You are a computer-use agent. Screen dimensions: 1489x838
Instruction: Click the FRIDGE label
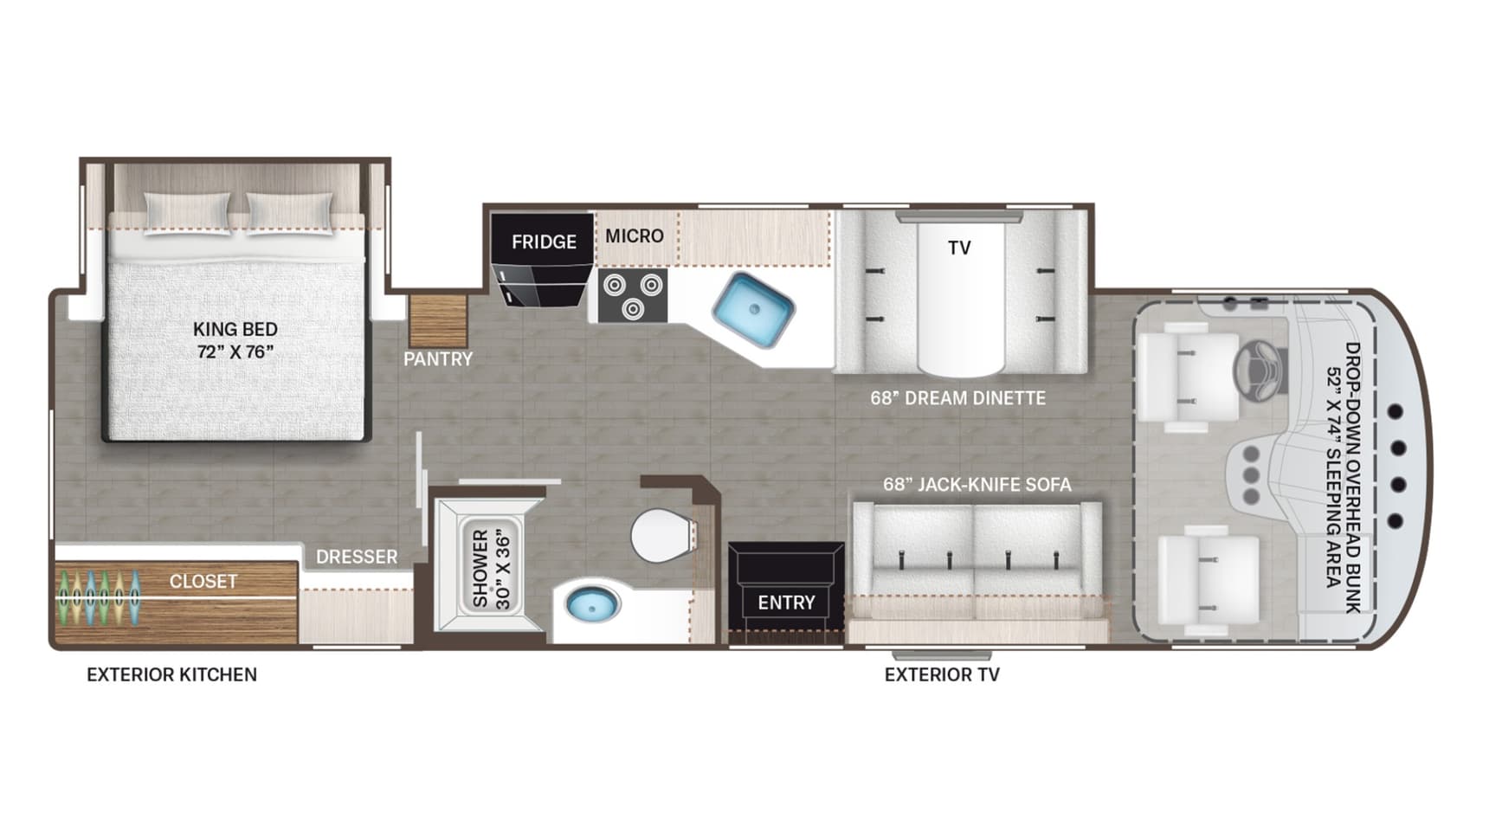coord(544,242)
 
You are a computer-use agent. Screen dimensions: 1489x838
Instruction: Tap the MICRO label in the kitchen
coord(635,235)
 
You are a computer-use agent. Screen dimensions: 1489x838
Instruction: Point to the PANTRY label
coord(438,358)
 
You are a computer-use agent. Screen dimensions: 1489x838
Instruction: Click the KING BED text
coord(235,329)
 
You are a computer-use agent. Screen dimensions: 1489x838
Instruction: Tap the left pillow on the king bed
coord(187,212)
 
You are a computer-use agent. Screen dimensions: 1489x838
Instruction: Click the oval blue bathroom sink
coord(593,603)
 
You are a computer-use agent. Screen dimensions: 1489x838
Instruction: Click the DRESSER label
coord(357,557)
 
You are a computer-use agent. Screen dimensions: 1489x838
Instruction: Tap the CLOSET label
coord(203,581)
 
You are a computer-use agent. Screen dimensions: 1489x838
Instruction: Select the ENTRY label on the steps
coord(786,603)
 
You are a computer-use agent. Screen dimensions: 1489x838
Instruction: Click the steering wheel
coord(1260,371)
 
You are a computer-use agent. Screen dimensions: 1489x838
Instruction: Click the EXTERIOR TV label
coord(942,674)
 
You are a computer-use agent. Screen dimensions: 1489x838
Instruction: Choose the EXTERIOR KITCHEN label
coord(171,674)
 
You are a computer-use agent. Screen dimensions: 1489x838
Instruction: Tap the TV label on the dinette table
coord(959,248)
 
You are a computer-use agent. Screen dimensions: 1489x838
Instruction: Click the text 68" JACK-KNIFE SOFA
coord(977,484)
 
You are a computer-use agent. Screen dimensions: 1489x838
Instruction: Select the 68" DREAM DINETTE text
coord(958,397)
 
